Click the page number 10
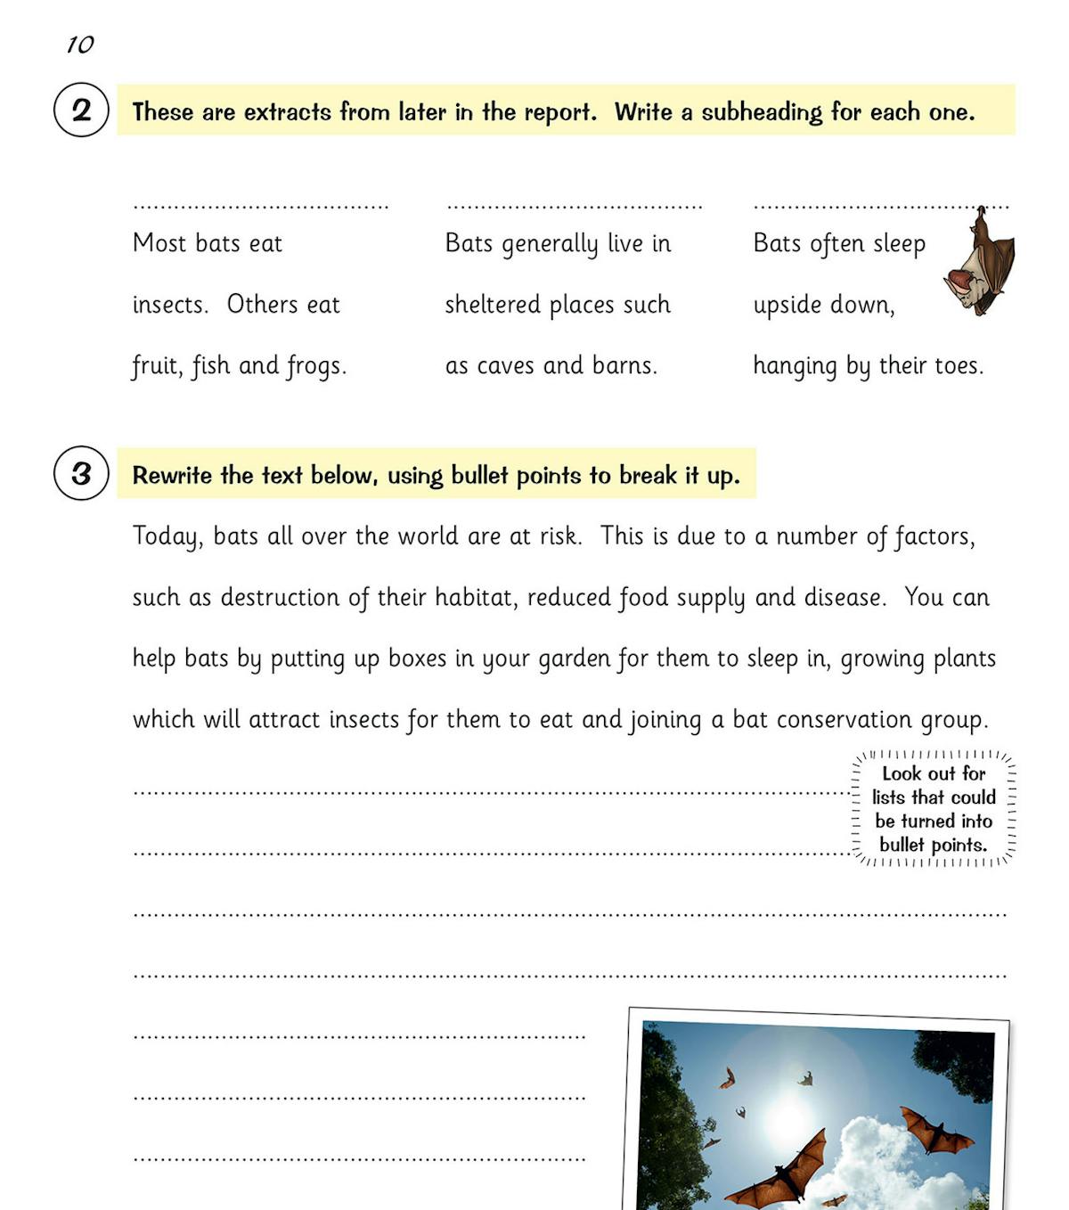[80, 45]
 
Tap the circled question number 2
[81, 110]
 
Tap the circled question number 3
[81, 473]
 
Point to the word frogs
[316, 366]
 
